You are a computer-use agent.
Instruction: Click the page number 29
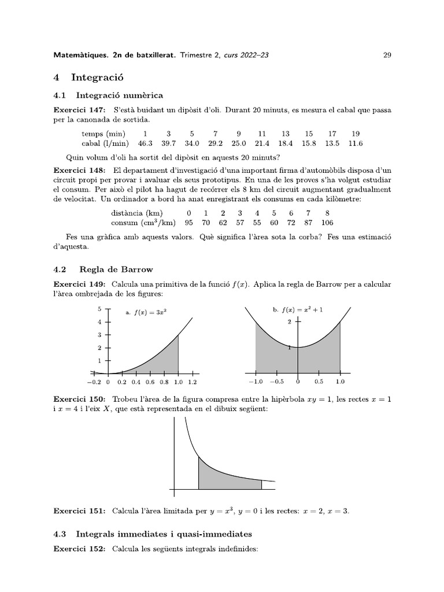(387, 55)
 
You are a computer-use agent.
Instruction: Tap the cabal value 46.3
(145, 143)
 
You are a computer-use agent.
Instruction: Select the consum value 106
(327, 223)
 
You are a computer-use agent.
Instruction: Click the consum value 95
(188, 223)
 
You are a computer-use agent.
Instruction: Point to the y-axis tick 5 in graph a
(99, 309)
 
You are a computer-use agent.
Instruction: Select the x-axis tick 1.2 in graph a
(193, 382)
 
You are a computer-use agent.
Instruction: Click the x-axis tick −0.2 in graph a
(94, 382)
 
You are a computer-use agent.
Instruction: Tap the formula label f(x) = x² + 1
(298, 310)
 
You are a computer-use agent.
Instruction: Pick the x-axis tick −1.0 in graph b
(256, 382)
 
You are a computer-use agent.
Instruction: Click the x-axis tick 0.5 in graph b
(319, 382)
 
